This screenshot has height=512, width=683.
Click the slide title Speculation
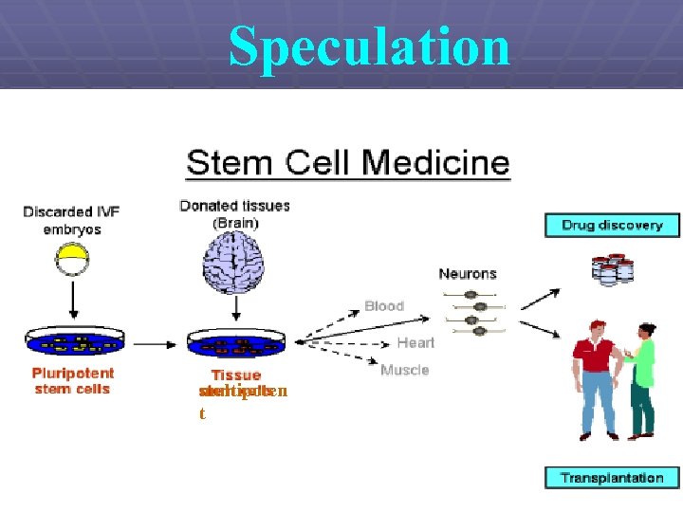click(369, 45)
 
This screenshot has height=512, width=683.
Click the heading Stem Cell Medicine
click(348, 162)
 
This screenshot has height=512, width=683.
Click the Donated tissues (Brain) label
click(235, 213)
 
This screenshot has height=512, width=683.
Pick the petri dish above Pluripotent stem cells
click(73, 342)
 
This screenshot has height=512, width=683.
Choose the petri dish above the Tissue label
click(236, 342)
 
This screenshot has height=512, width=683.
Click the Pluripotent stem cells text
click(73, 381)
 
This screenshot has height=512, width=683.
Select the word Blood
click(384, 306)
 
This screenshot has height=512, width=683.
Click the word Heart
click(415, 342)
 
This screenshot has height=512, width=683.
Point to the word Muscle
click(405, 370)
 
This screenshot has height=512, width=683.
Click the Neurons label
click(468, 274)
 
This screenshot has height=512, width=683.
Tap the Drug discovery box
click(612, 226)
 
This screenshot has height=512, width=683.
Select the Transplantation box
click(612, 478)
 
